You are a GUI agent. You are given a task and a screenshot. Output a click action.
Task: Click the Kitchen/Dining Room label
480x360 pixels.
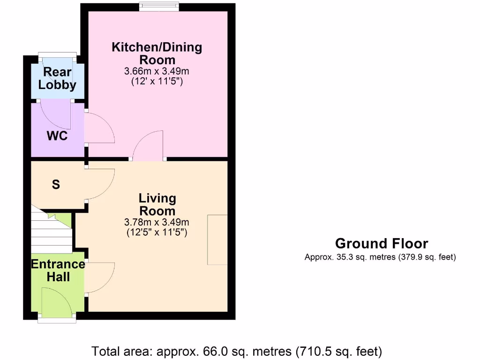pos(157,53)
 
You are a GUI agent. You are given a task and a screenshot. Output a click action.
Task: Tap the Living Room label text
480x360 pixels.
pos(157,204)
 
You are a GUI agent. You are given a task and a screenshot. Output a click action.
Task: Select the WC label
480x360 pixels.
pos(57,136)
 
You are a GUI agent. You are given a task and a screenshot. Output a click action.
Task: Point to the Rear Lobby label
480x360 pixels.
pos(57,78)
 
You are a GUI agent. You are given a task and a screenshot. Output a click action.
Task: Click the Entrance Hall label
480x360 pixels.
pos(58,270)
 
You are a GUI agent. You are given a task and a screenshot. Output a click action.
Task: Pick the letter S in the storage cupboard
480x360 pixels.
pos(56,185)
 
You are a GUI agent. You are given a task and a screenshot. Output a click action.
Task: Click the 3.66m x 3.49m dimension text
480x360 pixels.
pos(157,72)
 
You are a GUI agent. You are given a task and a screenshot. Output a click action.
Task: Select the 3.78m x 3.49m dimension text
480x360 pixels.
pos(157,222)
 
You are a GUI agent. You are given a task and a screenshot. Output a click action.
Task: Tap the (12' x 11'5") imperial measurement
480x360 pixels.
pos(157,82)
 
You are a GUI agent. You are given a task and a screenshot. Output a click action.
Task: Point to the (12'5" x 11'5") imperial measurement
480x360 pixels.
pos(157,232)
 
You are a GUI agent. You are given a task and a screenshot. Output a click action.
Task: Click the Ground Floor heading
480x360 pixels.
pos(381,244)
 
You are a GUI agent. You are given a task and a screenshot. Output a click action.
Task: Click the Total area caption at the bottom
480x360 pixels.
pos(237,351)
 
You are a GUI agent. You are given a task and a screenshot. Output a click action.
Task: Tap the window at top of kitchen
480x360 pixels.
pos(159,6)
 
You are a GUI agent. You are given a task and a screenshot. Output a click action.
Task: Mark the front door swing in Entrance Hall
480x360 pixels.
pos(55,300)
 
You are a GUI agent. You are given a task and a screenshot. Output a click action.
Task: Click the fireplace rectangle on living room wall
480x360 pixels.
pos(217,240)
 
